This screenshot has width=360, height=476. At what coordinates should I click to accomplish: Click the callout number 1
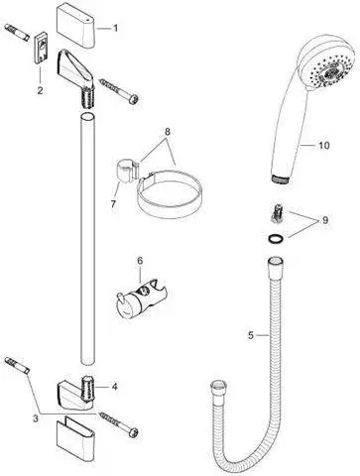pyautogui.click(x=114, y=29)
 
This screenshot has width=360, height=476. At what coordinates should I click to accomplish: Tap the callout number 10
pyautogui.click(x=322, y=146)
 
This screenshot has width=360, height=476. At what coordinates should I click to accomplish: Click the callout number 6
pyautogui.click(x=140, y=260)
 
